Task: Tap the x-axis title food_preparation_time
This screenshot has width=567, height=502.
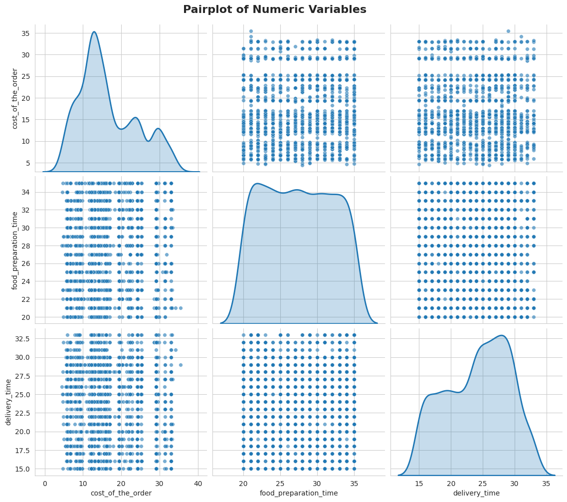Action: (299, 493)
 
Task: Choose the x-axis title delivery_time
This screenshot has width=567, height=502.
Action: (476, 493)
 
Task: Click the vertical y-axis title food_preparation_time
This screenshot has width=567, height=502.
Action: (15, 250)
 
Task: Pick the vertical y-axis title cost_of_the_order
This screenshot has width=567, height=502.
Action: (15, 98)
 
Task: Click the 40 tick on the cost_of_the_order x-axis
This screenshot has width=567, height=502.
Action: (198, 484)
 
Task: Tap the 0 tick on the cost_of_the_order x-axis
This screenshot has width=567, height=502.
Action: (45, 484)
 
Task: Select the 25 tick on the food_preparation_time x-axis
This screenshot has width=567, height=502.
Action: (280, 484)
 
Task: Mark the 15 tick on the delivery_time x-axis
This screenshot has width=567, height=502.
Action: (419, 484)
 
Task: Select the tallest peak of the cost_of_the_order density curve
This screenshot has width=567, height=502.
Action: (94, 32)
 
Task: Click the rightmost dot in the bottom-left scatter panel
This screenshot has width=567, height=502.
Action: (181, 365)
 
